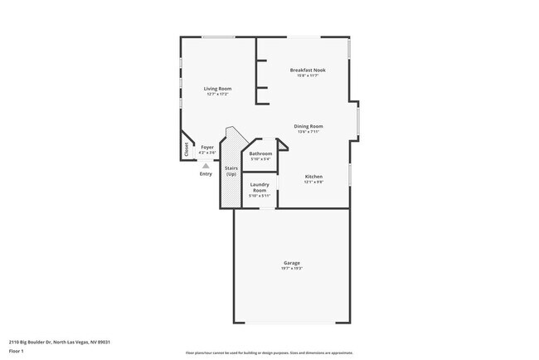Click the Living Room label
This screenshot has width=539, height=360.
point(218,89)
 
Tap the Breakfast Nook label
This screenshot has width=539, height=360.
point(308,70)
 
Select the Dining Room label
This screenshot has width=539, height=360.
point(308,126)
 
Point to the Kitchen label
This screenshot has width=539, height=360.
point(313,177)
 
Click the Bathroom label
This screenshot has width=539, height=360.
point(260,153)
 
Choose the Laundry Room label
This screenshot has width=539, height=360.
point(260,187)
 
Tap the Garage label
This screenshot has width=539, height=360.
point(291,263)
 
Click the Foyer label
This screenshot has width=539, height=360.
point(207,148)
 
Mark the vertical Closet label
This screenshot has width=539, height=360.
point(187,149)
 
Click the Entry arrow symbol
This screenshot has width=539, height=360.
point(206,165)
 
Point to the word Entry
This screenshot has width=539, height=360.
point(206,173)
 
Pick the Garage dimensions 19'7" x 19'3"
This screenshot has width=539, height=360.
point(291,269)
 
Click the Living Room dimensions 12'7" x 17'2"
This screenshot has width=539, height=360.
point(218,95)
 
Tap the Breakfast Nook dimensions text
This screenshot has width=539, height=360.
point(308,75)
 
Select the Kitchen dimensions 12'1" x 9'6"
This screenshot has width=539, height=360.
point(313,182)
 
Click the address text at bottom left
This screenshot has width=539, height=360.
point(60,341)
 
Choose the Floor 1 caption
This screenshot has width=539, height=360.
point(17,352)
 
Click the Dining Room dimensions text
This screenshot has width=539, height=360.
point(308,132)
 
